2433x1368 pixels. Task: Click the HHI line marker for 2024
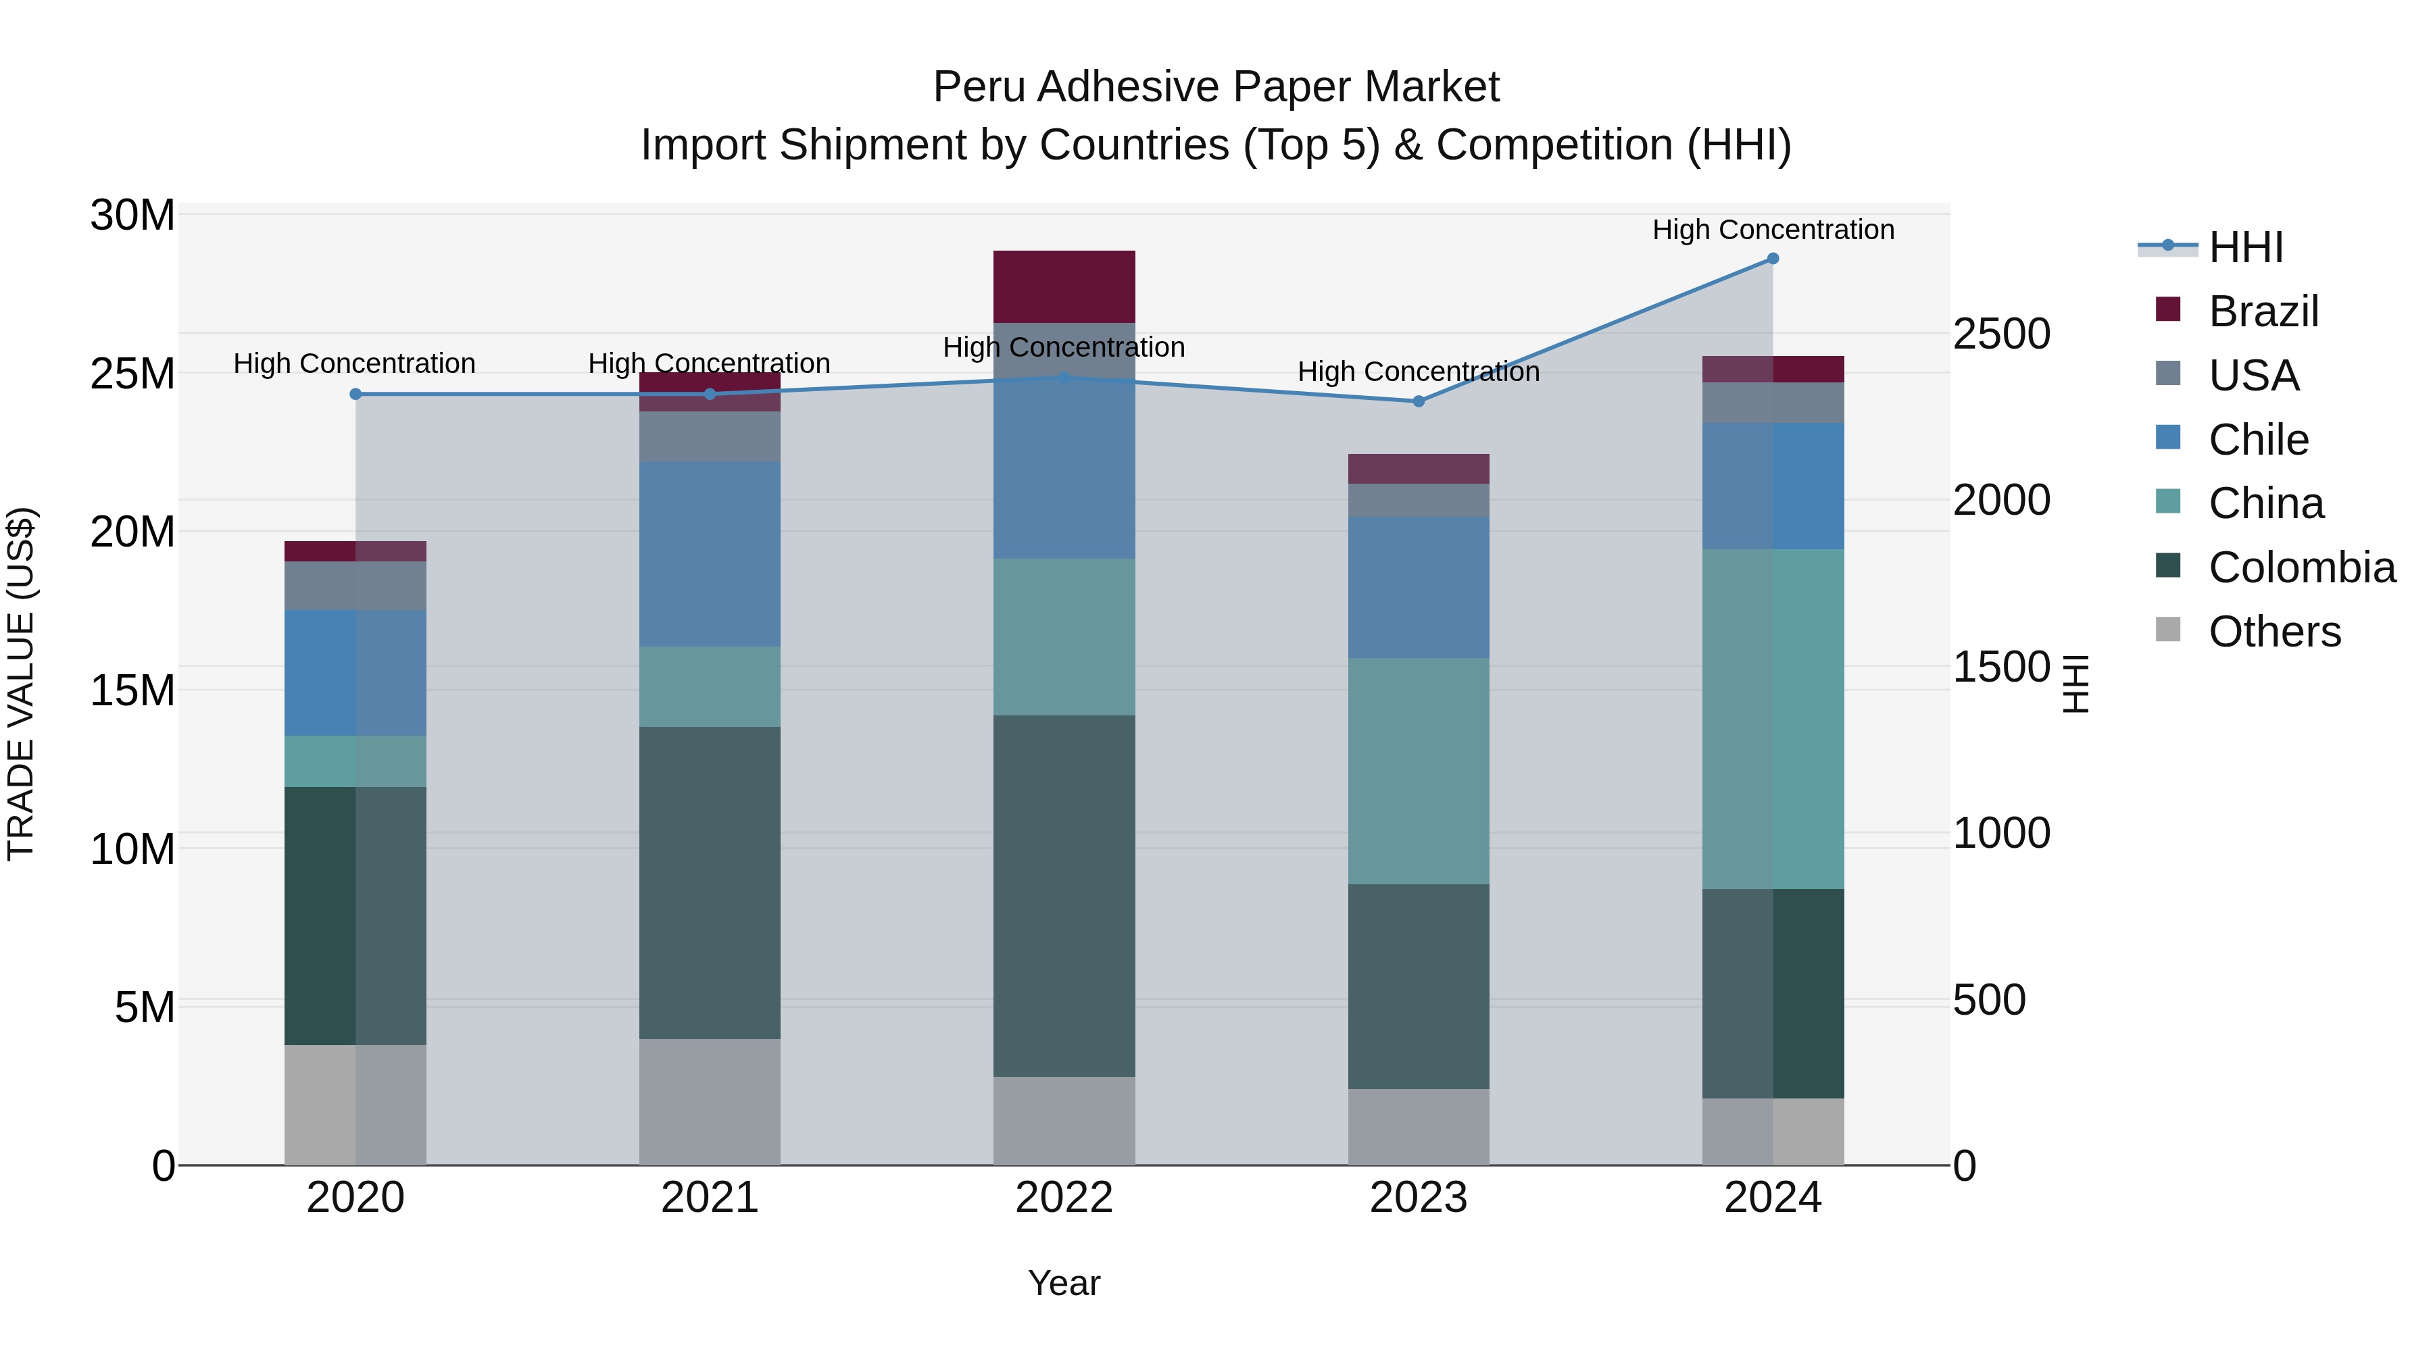click(1773, 259)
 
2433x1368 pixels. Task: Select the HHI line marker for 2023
click(1419, 401)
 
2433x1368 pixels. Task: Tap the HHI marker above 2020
click(355, 395)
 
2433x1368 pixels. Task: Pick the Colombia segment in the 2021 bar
click(710, 883)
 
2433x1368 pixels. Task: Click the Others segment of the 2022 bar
click(1064, 1121)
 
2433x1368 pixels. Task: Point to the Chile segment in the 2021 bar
click(710, 553)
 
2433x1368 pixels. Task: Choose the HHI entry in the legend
click(2245, 247)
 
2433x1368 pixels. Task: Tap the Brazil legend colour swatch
click(2167, 309)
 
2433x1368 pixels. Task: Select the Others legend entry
click(2274, 632)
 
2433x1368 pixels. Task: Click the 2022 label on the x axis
click(1064, 1198)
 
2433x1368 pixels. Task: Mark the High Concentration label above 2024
click(1773, 230)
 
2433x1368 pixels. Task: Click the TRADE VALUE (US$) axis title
click(21, 684)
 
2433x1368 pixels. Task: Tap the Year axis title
click(1064, 1283)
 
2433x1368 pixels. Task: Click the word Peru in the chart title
click(979, 87)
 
